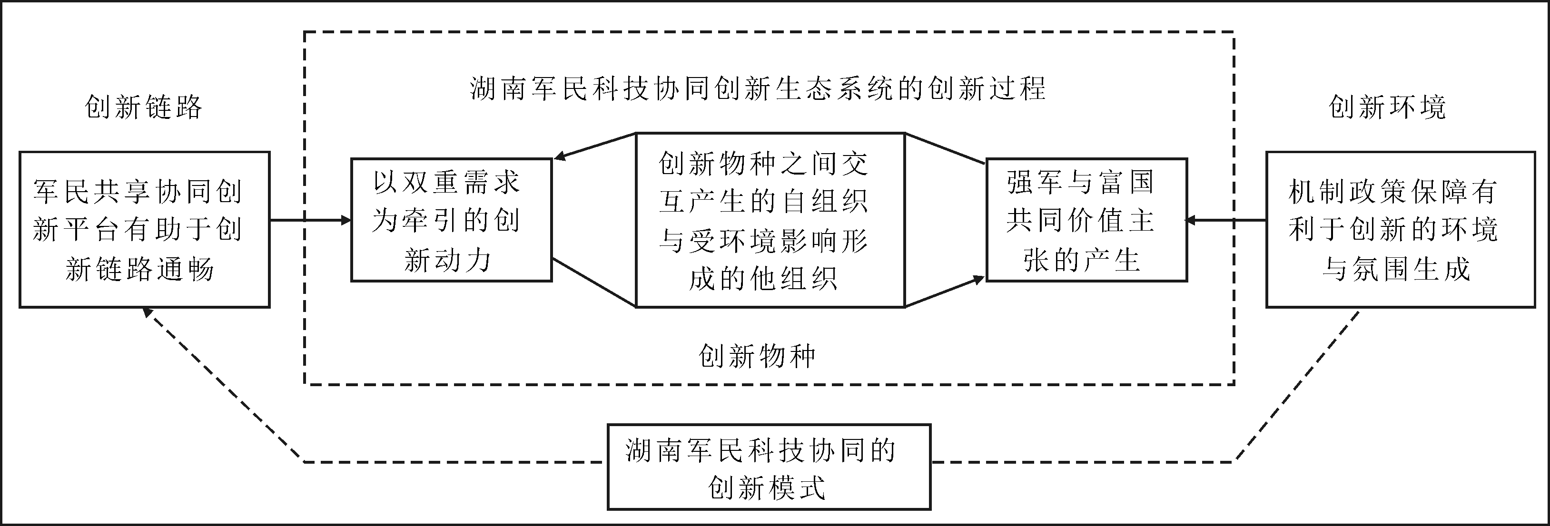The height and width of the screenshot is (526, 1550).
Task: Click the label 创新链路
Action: (x=143, y=107)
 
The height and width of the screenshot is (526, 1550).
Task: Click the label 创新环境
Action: (x=1387, y=107)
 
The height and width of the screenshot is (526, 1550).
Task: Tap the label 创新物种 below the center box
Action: (x=757, y=356)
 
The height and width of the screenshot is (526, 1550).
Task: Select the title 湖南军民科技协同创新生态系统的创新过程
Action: (x=758, y=89)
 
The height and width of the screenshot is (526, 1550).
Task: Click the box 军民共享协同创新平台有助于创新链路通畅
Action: (x=144, y=230)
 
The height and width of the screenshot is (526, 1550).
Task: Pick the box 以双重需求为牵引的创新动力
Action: (x=451, y=220)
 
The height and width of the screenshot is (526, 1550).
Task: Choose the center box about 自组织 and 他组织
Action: (x=770, y=220)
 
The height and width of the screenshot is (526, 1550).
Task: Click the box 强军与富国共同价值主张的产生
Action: (x=1086, y=220)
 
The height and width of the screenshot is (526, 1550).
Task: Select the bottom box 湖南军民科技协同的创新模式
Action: (x=769, y=467)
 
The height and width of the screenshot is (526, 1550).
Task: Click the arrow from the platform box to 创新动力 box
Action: (x=310, y=220)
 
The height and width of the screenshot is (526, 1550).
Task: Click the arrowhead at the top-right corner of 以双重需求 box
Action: (x=560, y=157)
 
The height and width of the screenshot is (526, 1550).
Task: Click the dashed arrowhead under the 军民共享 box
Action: (x=146, y=312)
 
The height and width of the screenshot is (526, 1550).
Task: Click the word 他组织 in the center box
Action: (x=792, y=279)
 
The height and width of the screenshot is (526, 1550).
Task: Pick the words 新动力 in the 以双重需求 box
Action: (x=448, y=261)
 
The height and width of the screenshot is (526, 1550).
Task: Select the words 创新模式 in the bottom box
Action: (x=766, y=487)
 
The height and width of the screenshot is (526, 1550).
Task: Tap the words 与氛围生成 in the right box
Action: (x=1396, y=269)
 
